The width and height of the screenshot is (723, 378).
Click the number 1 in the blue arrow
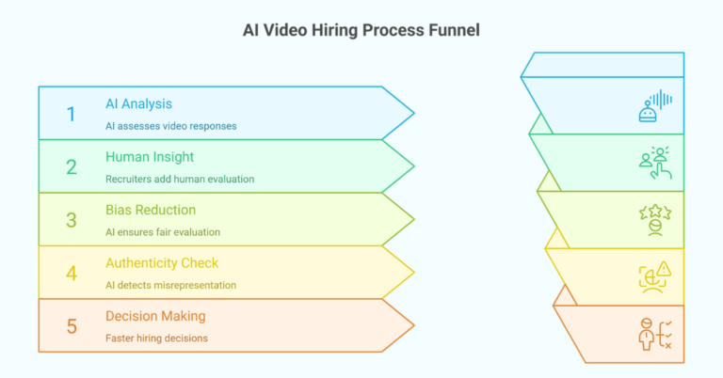[71, 114]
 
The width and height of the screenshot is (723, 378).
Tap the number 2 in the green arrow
[71, 167]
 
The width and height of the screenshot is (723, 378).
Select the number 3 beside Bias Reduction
[71, 220]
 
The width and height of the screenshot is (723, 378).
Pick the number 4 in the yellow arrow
[71, 273]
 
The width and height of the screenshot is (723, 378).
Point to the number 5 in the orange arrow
[71, 326]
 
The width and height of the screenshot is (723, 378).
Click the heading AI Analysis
[139, 104]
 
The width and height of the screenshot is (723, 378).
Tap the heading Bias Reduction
[151, 210]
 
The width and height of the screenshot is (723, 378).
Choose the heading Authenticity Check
[162, 262]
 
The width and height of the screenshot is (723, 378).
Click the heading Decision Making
[155, 316]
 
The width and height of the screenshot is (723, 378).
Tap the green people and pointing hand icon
[655, 163]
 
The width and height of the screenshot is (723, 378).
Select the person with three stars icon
[654, 219]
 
